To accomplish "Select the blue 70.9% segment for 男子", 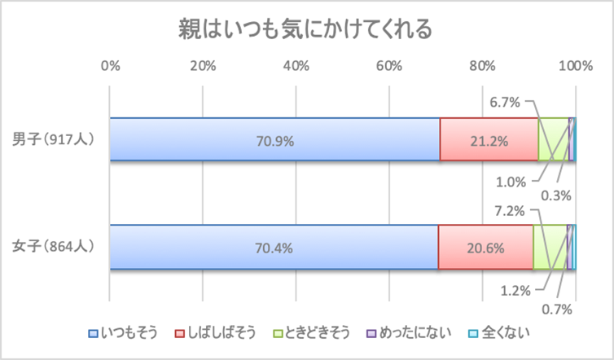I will [274, 140].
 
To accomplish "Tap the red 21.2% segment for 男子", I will [489, 140].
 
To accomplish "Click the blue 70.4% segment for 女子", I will [274, 247].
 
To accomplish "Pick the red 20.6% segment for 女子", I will [485, 247].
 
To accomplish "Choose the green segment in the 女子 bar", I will [549, 247].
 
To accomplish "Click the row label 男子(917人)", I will [55, 139].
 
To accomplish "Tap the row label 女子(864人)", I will [55, 246].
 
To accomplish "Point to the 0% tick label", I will [110, 66].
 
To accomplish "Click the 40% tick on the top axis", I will [296, 66].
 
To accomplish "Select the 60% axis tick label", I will [390, 66].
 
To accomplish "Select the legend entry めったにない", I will [410, 331].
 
